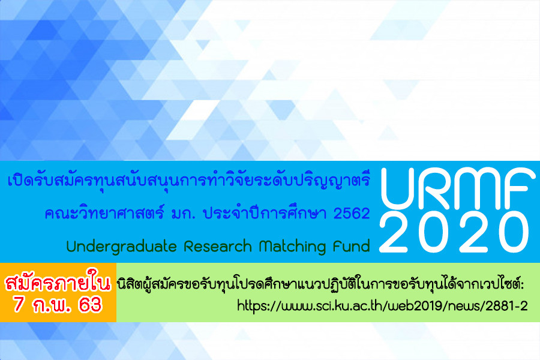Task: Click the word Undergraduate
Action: [122, 247]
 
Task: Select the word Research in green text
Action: [218, 247]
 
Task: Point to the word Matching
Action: [292, 247]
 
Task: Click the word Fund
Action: [352, 247]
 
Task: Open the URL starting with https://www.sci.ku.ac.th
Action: [382, 305]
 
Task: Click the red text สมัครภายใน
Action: [58, 283]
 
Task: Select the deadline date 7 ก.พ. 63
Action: [58, 305]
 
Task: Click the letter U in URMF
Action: [399, 188]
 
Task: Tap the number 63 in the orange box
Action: [90, 305]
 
